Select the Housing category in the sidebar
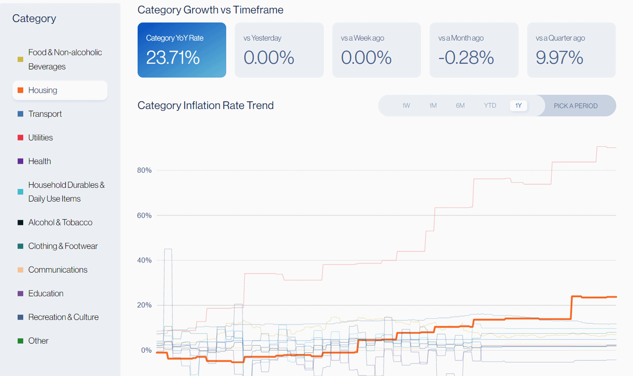pos(43,90)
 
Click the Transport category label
pos(45,114)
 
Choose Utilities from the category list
pos(41,138)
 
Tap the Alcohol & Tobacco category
pos(60,222)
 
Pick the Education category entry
pos(46,294)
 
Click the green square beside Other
pos(21,341)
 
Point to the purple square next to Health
pos(21,162)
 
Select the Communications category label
pos(57,270)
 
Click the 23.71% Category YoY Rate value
pos(173,58)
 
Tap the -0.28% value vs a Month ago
pos(466,58)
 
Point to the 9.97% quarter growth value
pos(559,58)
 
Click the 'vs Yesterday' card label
pos(262,38)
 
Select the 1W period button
pos(406,106)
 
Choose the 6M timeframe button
pos(461,106)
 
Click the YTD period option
pos(490,106)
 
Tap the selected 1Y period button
pos(519,106)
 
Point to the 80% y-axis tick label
pos(144,171)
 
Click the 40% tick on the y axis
pos(144,260)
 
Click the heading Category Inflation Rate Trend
pos(205,106)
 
